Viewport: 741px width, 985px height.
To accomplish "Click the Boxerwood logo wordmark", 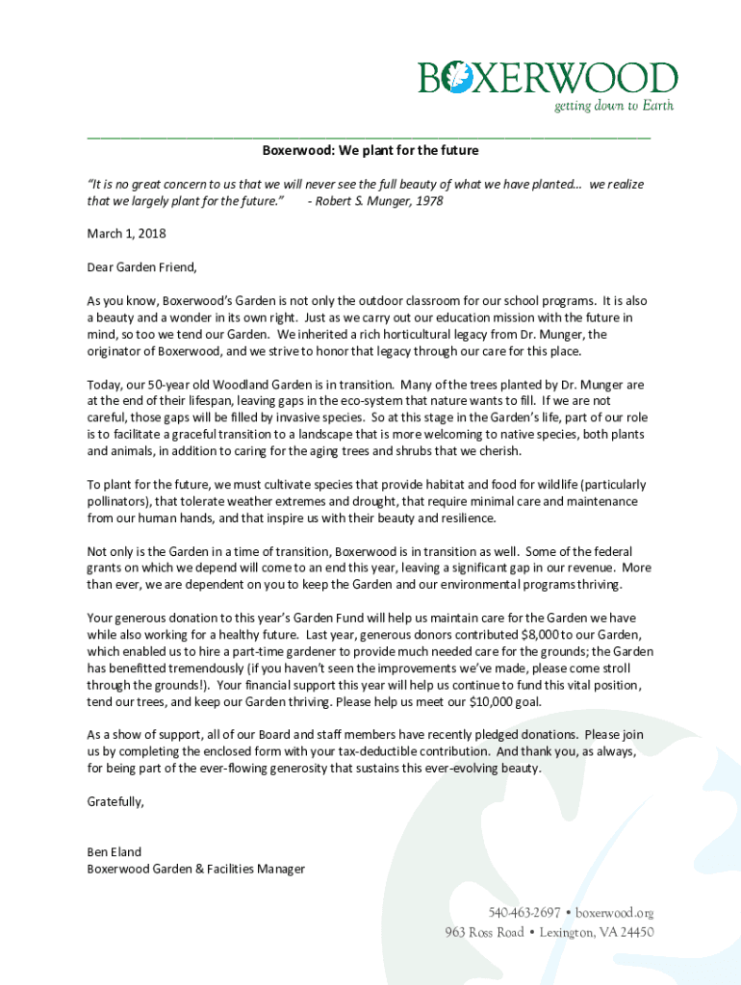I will pyautogui.click(x=549, y=78).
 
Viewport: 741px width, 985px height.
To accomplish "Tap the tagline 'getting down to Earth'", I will pyautogui.click(x=614, y=106).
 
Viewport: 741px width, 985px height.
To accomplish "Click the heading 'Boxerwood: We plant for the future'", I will pyautogui.click(x=370, y=151).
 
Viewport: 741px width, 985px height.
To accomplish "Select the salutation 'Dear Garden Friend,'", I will pyautogui.click(x=141, y=266).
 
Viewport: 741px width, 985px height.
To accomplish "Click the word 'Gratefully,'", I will pyautogui.click(x=115, y=801).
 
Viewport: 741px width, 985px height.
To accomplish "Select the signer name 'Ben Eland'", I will pyautogui.click(x=115, y=851).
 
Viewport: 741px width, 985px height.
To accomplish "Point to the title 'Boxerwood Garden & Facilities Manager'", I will pyautogui.click(x=196, y=869).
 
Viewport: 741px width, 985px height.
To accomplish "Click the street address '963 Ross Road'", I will pyautogui.click(x=484, y=932).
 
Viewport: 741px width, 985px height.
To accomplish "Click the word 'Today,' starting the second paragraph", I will pyautogui.click(x=105, y=384).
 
